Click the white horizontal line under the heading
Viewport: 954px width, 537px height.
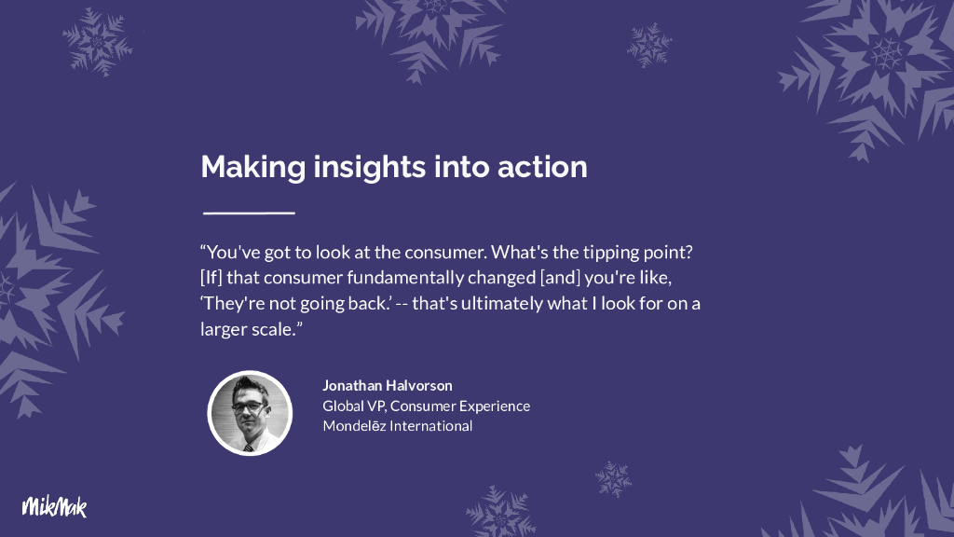pos(249,213)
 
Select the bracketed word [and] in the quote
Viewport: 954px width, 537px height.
pos(560,278)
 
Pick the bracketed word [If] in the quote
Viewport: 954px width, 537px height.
pos(211,278)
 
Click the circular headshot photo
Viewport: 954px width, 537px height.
pos(250,413)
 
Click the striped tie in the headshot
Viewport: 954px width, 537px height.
pos(248,448)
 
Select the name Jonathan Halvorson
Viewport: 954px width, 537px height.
pos(388,385)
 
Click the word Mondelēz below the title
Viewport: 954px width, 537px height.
pos(354,426)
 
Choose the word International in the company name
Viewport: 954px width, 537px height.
pos(431,426)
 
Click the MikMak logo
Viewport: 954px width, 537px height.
pos(55,506)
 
